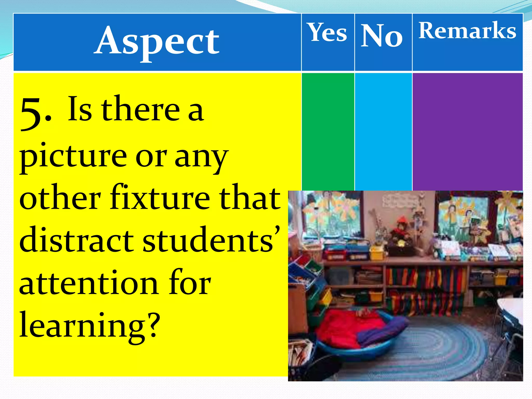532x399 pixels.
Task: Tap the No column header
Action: (x=382, y=35)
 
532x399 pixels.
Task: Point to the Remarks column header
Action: (x=467, y=31)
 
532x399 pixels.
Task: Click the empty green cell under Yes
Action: (x=328, y=131)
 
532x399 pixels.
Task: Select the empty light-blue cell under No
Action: (x=383, y=131)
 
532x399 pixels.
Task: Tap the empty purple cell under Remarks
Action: (x=467, y=131)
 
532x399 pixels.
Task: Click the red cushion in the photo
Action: (x=345, y=330)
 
